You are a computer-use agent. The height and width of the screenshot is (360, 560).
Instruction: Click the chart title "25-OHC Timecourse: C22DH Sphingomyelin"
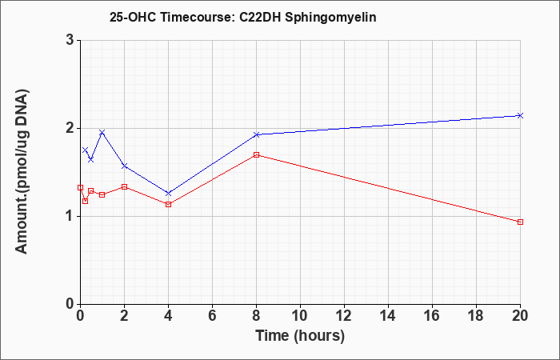(x=243, y=17)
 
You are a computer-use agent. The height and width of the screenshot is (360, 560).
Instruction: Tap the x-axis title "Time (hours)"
(x=300, y=336)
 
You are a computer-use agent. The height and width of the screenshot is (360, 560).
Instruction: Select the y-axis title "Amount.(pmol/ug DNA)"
(x=22, y=171)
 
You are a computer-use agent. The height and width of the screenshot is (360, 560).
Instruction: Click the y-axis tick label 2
(x=70, y=128)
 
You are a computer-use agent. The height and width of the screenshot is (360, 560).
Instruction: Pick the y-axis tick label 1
(x=70, y=217)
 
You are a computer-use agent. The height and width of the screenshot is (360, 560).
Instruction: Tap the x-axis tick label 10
(x=300, y=316)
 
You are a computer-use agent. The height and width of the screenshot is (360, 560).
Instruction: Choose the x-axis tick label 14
(x=388, y=316)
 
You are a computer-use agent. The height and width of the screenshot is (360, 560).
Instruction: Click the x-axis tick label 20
(x=520, y=316)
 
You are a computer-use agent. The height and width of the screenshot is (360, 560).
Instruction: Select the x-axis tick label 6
(x=213, y=316)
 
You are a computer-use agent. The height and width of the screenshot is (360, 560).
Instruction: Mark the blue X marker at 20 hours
(x=520, y=115)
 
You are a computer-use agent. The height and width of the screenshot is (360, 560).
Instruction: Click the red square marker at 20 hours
(x=520, y=222)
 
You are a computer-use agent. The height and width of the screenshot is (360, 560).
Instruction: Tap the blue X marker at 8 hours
(x=257, y=134)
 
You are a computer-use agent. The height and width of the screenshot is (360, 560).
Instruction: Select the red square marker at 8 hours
(x=257, y=154)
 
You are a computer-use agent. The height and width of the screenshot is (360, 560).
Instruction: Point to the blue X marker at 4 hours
(x=169, y=194)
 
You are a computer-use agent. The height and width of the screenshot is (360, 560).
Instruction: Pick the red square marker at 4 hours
(x=169, y=204)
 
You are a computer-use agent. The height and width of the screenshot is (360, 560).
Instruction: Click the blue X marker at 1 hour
(x=102, y=133)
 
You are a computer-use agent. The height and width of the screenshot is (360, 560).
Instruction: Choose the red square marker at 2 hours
(x=124, y=186)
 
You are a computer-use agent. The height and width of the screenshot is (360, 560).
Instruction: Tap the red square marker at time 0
(x=80, y=187)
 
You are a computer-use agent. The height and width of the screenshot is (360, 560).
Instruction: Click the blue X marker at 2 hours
(x=124, y=166)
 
